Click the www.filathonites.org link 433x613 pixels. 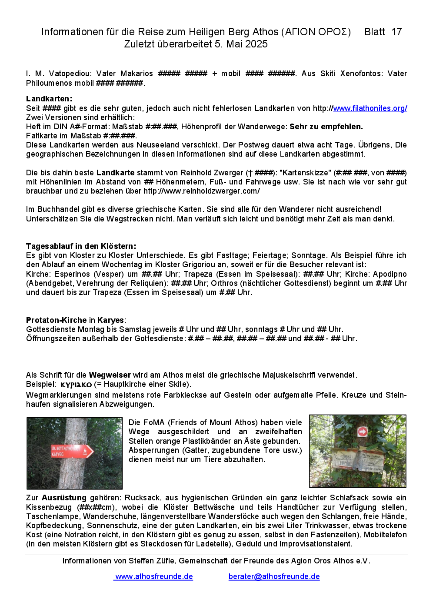370,108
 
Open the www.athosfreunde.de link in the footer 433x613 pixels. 154,576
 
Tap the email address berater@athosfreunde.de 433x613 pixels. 274,576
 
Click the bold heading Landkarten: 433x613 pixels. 49,99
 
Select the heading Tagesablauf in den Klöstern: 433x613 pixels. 81,246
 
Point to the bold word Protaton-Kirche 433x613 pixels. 57,320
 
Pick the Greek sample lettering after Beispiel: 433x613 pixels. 76,385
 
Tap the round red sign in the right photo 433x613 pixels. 362,431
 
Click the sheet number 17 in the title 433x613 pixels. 396,32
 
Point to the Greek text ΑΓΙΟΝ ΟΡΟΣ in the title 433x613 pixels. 316,32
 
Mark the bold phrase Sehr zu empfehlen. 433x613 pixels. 326,127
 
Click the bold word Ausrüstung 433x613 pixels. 64,498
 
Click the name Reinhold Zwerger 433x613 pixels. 212,173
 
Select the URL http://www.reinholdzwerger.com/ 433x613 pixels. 202,191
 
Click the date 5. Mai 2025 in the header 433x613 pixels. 241,44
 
